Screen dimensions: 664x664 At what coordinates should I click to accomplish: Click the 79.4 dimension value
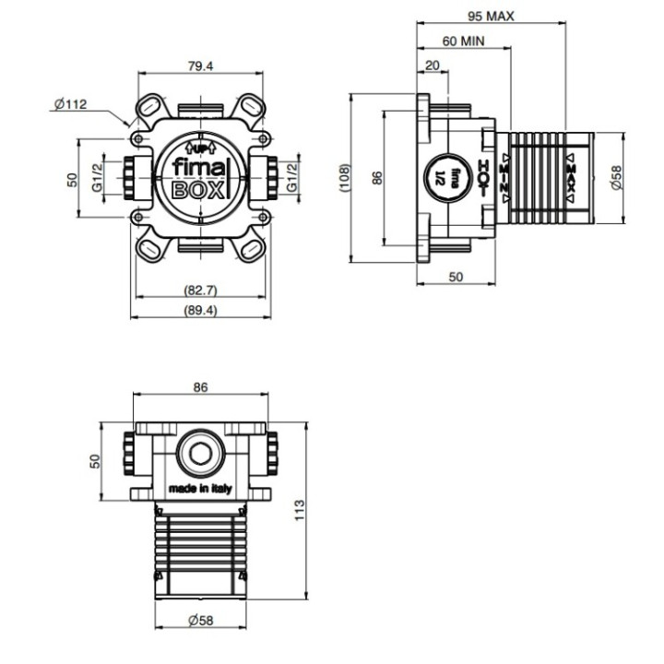click(x=201, y=65)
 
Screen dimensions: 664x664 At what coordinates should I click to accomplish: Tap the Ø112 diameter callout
click(x=70, y=104)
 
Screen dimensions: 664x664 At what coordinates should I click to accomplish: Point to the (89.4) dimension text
click(x=199, y=310)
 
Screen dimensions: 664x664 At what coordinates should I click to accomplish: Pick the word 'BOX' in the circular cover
click(x=198, y=191)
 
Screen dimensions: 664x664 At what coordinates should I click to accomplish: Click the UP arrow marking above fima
click(x=199, y=147)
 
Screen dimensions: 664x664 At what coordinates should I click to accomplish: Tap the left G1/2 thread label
click(x=97, y=178)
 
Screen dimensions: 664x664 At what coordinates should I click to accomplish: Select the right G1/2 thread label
click(x=292, y=178)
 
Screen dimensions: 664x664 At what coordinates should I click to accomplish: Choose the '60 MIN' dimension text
click(x=463, y=41)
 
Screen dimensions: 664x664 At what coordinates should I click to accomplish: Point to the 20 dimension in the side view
click(x=433, y=65)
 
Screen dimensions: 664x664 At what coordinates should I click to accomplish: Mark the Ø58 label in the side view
click(x=617, y=177)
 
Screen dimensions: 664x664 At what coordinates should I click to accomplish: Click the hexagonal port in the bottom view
click(x=199, y=452)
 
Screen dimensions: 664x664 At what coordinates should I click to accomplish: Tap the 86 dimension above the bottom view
click(x=200, y=388)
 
